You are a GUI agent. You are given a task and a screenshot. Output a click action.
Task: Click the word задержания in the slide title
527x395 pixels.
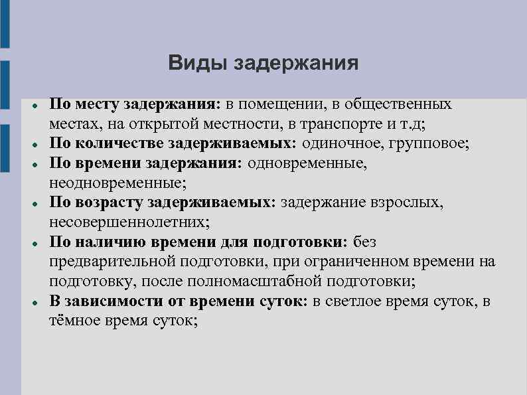[297, 64]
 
